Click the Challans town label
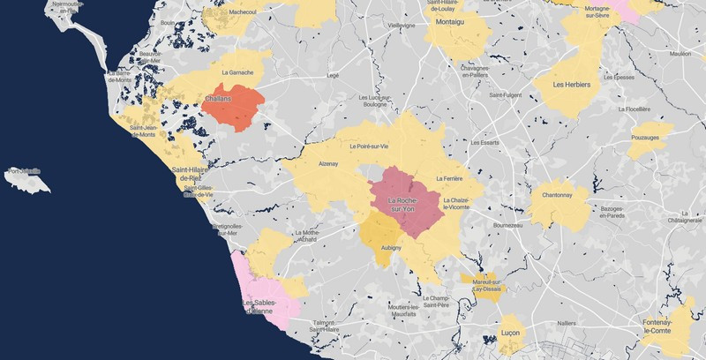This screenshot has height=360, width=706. pyautogui.click(x=218, y=100)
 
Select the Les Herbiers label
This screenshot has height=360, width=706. pyautogui.click(x=571, y=86)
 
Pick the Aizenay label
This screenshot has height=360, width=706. pyautogui.click(x=328, y=164)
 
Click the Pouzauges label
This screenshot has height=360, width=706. pyautogui.click(x=649, y=139)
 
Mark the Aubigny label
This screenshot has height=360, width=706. pyautogui.click(x=389, y=249)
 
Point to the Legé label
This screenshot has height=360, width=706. pyautogui.click(x=333, y=76)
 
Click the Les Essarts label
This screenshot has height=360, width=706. pyautogui.click(x=485, y=142)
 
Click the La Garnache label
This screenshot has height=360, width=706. pyautogui.click(x=238, y=72)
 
